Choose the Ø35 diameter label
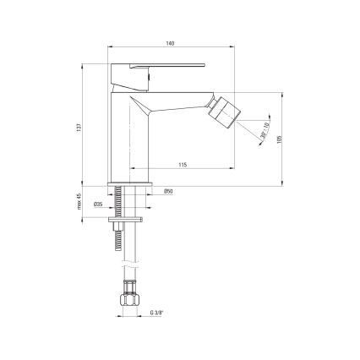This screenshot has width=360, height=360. tap(98, 204)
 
